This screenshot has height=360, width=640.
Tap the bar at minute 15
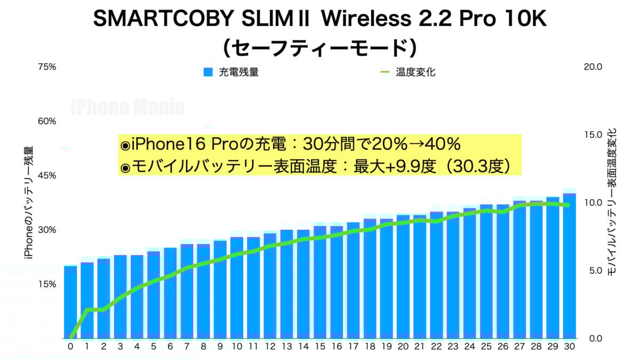pos(320,282)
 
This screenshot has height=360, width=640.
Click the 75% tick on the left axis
pos(47,67)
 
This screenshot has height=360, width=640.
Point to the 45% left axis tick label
pos(47,175)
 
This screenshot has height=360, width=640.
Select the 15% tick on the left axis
pos(47,284)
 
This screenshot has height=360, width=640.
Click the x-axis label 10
pos(237,347)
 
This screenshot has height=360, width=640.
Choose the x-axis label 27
pos(519,347)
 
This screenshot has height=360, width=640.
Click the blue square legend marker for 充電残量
pos(208,72)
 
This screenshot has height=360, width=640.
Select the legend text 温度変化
pos(415,72)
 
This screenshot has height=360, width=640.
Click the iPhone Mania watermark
pos(128,108)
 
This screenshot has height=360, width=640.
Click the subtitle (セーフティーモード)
pos(319,48)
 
